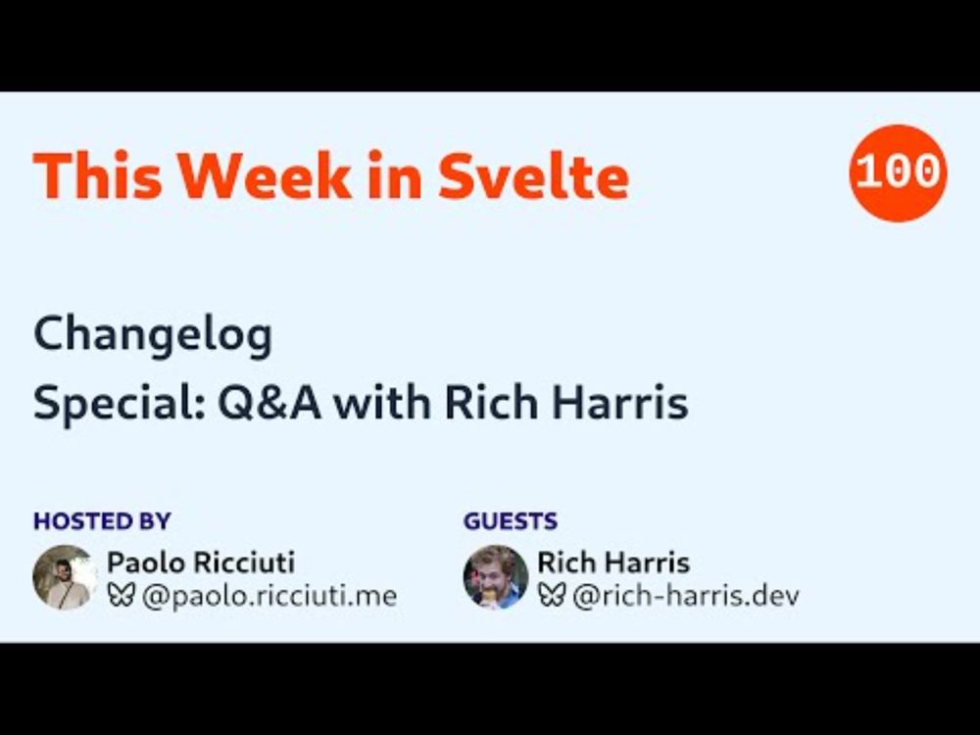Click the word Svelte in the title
pos(533,175)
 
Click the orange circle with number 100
pos(898,173)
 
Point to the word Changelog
pos(153,335)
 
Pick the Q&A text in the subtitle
pos(269,403)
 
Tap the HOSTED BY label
pos(102,521)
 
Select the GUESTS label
pos(511,521)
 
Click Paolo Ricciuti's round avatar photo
pos(65,577)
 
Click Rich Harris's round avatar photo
pos(496,577)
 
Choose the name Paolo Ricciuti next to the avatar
pos(201,563)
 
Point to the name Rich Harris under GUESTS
pos(613,563)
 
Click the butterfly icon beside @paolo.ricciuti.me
pos(121,596)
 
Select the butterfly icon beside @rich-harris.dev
pos(551,596)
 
